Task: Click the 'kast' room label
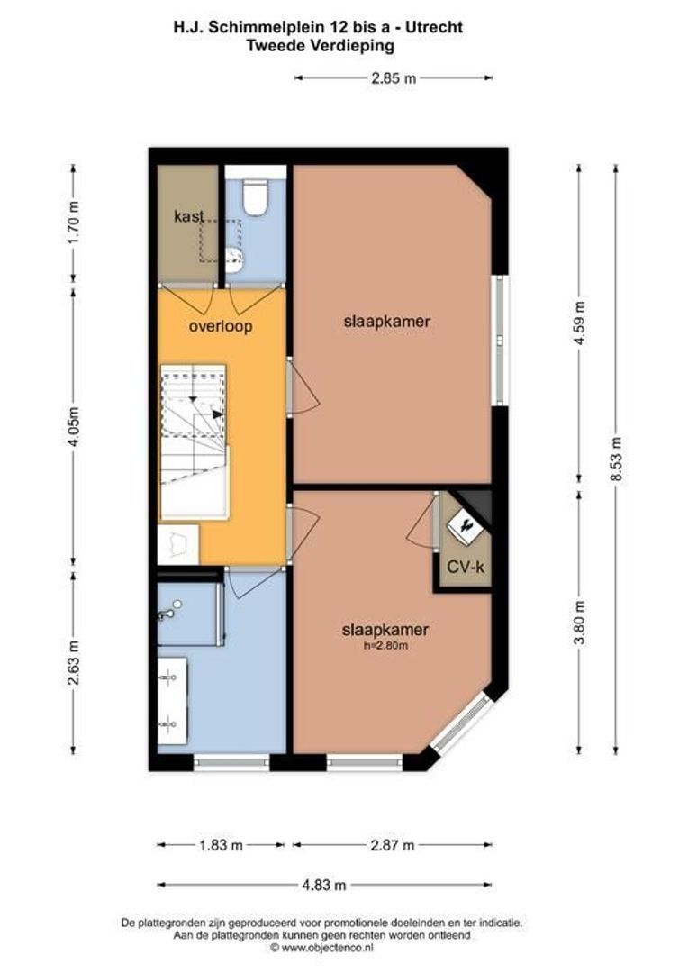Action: (189, 215)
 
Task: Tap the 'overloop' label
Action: (221, 326)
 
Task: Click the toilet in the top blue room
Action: (255, 199)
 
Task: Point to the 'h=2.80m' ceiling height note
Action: (385, 646)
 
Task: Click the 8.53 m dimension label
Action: (616, 460)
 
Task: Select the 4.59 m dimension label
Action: (580, 324)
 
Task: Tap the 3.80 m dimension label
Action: (580, 623)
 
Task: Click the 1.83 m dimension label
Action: (221, 845)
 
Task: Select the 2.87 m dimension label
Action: (392, 845)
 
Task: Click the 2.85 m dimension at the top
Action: (394, 78)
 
